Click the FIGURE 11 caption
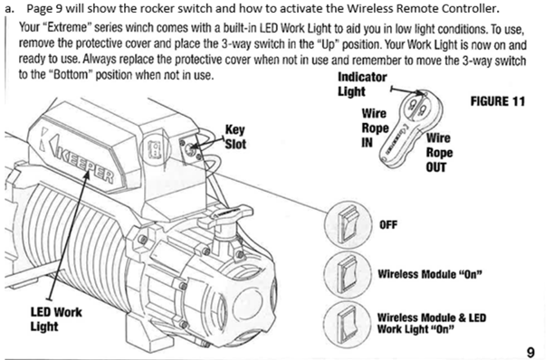[498, 101]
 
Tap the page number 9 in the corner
[530, 352]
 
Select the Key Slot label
[235, 137]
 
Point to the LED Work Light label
[56, 319]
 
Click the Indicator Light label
[362, 84]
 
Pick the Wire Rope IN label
[375, 128]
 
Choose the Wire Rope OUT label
[439, 153]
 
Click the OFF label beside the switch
[388, 225]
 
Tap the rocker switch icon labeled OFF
[348, 224]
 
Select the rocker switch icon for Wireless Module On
[348, 275]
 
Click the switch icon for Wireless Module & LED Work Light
[348, 324]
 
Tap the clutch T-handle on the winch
[232, 213]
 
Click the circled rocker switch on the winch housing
[156, 149]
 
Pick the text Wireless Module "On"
[430, 274]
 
